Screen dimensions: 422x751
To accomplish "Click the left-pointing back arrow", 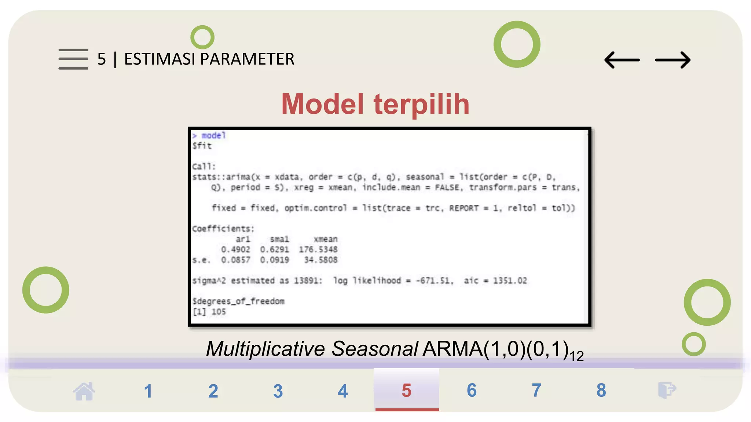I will [622, 60].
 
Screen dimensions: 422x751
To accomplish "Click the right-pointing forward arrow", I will [673, 60].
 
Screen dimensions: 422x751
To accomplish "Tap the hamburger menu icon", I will [73, 59].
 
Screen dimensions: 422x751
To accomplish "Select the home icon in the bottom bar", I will [84, 391].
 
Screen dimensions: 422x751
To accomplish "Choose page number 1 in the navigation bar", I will [148, 391].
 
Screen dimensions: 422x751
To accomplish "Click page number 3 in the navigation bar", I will [278, 391].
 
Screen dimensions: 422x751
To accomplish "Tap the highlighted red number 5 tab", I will [406, 390].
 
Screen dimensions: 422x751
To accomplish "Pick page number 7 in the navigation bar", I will [536, 390].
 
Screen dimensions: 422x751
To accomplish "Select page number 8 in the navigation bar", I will [601, 390].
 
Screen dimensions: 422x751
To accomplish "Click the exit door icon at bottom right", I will [667, 390].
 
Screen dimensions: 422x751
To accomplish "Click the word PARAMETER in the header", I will [248, 59].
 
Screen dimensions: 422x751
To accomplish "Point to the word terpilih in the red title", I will [421, 104].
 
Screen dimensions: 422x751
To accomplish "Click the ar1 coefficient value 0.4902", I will [235, 249].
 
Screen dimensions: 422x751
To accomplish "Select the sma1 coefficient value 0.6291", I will [274, 249].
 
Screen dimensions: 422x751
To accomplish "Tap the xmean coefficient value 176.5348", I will [318, 249].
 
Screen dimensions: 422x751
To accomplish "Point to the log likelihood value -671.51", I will [435, 281].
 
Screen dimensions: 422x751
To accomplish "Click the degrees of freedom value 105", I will [219, 312].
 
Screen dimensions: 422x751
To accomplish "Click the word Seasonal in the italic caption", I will [374, 348].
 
